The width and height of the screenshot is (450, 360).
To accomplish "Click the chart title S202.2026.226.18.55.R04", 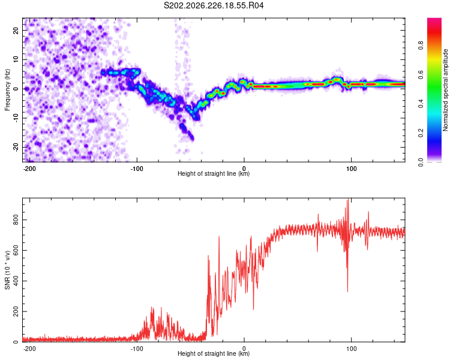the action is [x=214, y=5].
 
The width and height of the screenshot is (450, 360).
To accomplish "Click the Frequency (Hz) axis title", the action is [x=7, y=90].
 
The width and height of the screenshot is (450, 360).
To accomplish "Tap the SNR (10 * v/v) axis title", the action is [x=7, y=270].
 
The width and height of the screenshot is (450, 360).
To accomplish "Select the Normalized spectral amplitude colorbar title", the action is [x=445, y=90].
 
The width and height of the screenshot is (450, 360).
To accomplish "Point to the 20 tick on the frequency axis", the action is [x=16, y=30].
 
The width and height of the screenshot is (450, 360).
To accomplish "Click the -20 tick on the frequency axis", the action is [x=16, y=147].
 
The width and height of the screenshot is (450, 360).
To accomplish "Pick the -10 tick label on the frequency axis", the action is [x=16, y=118].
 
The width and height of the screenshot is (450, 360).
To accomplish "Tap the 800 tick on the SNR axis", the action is [x=16, y=220].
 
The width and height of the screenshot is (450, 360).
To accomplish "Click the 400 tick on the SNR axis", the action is [x=16, y=281].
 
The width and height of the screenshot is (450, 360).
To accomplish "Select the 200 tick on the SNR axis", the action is [x=16, y=311].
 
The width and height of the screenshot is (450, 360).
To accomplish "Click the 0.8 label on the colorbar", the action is [x=421, y=45].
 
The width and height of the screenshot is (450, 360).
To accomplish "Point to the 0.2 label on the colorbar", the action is [x=421, y=133].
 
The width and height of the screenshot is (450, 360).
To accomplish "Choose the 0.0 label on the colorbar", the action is [x=421, y=162].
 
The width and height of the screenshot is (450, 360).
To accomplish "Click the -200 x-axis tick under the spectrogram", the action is [x=29, y=169].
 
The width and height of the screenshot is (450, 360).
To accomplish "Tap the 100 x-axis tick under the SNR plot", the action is [x=351, y=349].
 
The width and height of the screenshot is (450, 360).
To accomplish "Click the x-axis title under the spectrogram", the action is [x=214, y=173].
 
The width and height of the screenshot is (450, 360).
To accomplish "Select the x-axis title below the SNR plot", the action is [x=214, y=353].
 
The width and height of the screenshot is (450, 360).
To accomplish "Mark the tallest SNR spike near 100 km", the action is [x=348, y=199].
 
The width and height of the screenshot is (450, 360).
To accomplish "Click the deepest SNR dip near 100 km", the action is [x=347, y=292].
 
